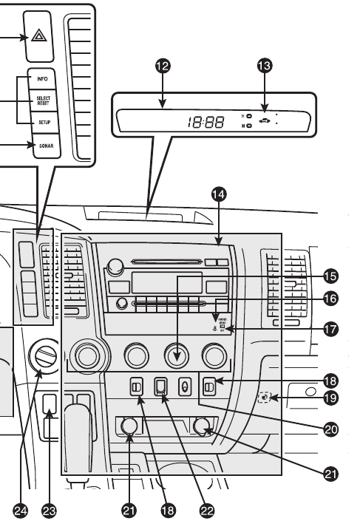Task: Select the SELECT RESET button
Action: pyautogui.click(x=42, y=99)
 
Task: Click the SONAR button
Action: pyautogui.click(x=42, y=147)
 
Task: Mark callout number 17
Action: pyautogui.click(x=331, y=329)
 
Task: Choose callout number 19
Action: pyautogui.click(x=331, y=399)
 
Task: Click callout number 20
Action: pyautogui.click(x=331, y=428)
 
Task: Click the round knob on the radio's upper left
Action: pyautogui.click(x=115, y=266)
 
